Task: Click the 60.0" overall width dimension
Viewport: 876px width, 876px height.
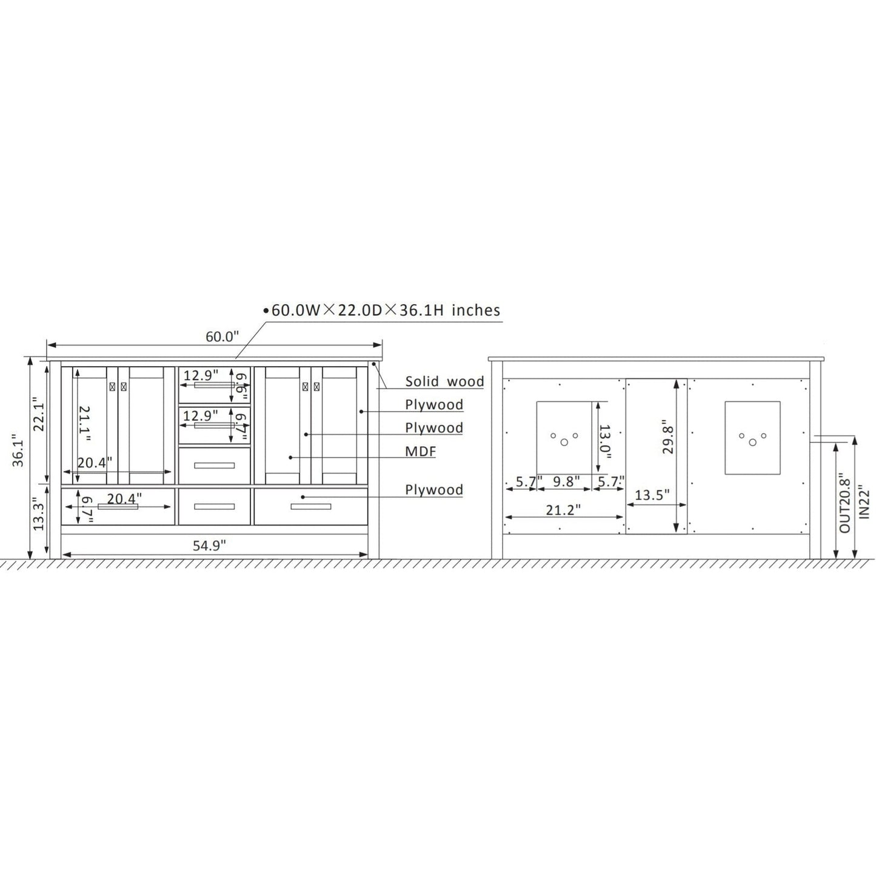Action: click(x=222, y=336)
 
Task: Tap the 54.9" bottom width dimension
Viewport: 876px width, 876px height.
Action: click(x=209, y=545)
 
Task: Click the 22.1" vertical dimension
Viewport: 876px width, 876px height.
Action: click(x=39, y=414)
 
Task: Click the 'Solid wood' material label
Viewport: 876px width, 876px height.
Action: click(x=444, y=381)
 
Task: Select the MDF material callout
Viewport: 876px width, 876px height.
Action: click(x=421, y=451)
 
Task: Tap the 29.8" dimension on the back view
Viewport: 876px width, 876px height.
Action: click(x=667, y=436)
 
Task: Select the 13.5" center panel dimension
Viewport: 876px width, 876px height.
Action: click(x=652, y=495)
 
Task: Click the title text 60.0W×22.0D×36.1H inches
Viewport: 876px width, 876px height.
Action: click(x=386, y=310)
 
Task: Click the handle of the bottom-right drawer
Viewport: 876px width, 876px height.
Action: click(x=311, y=506)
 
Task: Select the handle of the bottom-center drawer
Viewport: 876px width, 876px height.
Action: click(x=214, y=506)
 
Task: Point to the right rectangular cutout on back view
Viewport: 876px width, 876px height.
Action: click(x=752, y=436)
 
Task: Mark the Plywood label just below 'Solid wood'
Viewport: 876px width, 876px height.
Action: click(x=434, y=404)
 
